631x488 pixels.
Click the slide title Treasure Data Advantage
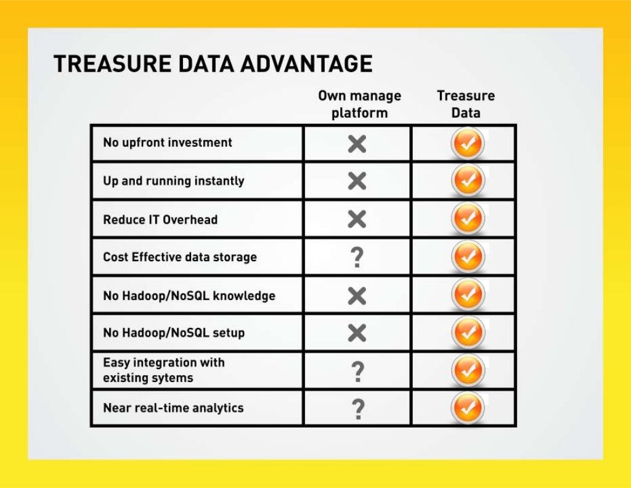click(213, 64)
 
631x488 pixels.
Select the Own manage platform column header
click(359, 104)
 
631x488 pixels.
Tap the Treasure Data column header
click(466, 104)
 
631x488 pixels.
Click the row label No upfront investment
click(168, 142)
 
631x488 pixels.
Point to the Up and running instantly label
click(174, 181)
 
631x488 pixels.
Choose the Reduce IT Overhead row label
click(160, 219)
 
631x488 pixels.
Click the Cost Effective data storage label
click(180, 257)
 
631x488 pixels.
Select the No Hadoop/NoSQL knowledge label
click(189, 296)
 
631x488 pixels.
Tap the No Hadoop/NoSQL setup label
click(174, 333)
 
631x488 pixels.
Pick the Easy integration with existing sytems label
click(164, 370)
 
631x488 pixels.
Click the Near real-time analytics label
click(173, 408)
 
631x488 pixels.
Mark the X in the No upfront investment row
click(357, 144)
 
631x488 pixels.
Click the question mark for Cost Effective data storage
click(357, 258)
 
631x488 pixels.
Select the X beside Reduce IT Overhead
click(357, 219)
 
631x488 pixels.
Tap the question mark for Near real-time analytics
click(357, 409)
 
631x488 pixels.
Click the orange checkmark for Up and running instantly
click(468, 181)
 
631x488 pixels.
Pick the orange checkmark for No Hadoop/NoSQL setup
click(468, 333)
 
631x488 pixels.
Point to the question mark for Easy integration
click(357, 371)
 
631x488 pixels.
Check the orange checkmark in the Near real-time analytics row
click(468, 408)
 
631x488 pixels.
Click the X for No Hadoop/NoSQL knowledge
click(357, 296)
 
